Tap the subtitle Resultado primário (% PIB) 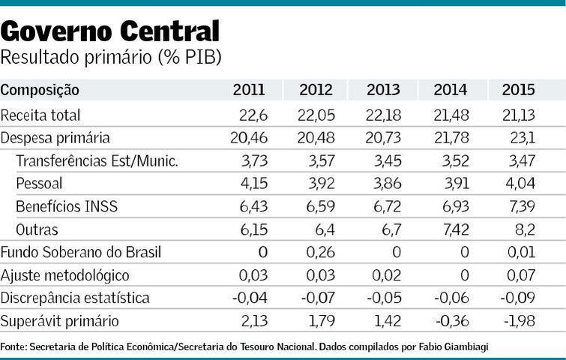111,57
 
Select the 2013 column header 383,90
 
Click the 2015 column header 518,90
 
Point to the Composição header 40,90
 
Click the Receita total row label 40,115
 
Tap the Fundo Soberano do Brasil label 81,252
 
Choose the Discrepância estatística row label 75,298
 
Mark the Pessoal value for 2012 318,184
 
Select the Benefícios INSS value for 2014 452,206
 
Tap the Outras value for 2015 523,229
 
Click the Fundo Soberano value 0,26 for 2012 320,252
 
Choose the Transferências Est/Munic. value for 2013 385,161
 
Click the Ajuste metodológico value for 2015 520,275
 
